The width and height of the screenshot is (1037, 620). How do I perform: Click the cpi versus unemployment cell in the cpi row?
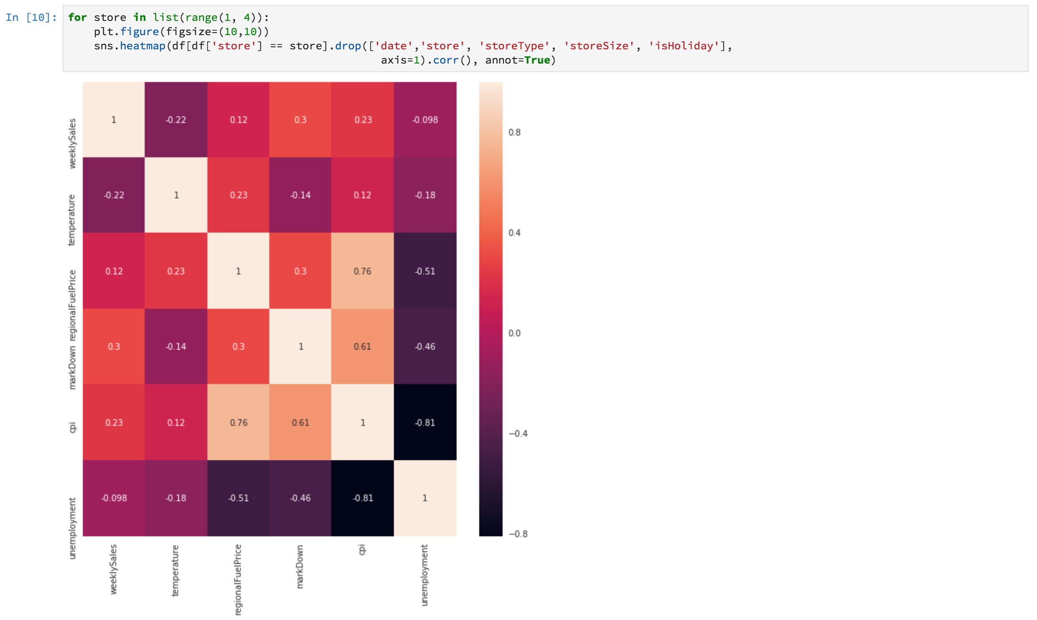tap(425, 422)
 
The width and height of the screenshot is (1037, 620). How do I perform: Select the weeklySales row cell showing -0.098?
tap(425, 120)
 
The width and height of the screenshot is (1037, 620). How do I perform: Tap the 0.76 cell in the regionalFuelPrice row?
tap(362, 271)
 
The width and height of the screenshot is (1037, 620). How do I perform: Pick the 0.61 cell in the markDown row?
tap(362, 346)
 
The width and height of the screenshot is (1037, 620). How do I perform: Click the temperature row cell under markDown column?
tap(300, 195)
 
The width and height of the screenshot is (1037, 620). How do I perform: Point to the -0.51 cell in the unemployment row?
tap(238, 498)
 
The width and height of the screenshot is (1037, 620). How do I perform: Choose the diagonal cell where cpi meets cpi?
tap(362, 422)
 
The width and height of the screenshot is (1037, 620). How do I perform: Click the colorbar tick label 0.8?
tap(514, 133)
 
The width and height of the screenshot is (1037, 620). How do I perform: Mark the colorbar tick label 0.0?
tap(514, 333)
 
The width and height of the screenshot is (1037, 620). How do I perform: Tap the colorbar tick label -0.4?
tap(518, 434)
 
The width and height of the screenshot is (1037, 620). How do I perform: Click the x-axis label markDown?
tap(300, 566)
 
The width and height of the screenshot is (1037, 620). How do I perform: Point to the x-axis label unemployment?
tap(424, 575)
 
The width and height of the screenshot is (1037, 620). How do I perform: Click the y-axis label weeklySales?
tap(72, 143)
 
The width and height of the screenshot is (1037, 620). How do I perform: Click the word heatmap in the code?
tap(143, 46)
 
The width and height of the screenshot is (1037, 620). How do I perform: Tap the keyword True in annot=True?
tap(537, 60)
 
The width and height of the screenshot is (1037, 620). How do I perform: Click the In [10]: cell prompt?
tap(31, 18)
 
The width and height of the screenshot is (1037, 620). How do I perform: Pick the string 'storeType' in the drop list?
tap(514, 46)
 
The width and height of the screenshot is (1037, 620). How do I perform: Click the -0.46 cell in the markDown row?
tap(425, 346)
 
